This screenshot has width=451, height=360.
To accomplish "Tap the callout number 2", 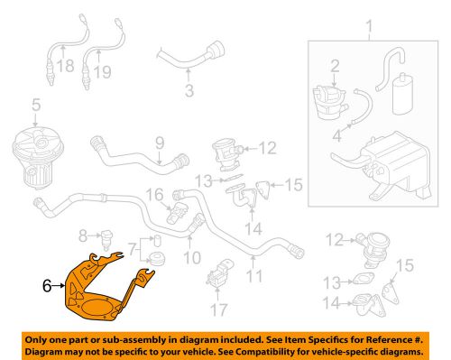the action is coord(334,66).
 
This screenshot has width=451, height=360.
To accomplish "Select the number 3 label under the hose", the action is coord(189,91).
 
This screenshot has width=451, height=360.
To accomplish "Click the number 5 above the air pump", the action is coord(35,107).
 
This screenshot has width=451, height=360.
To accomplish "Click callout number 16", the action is coord(154,194).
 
